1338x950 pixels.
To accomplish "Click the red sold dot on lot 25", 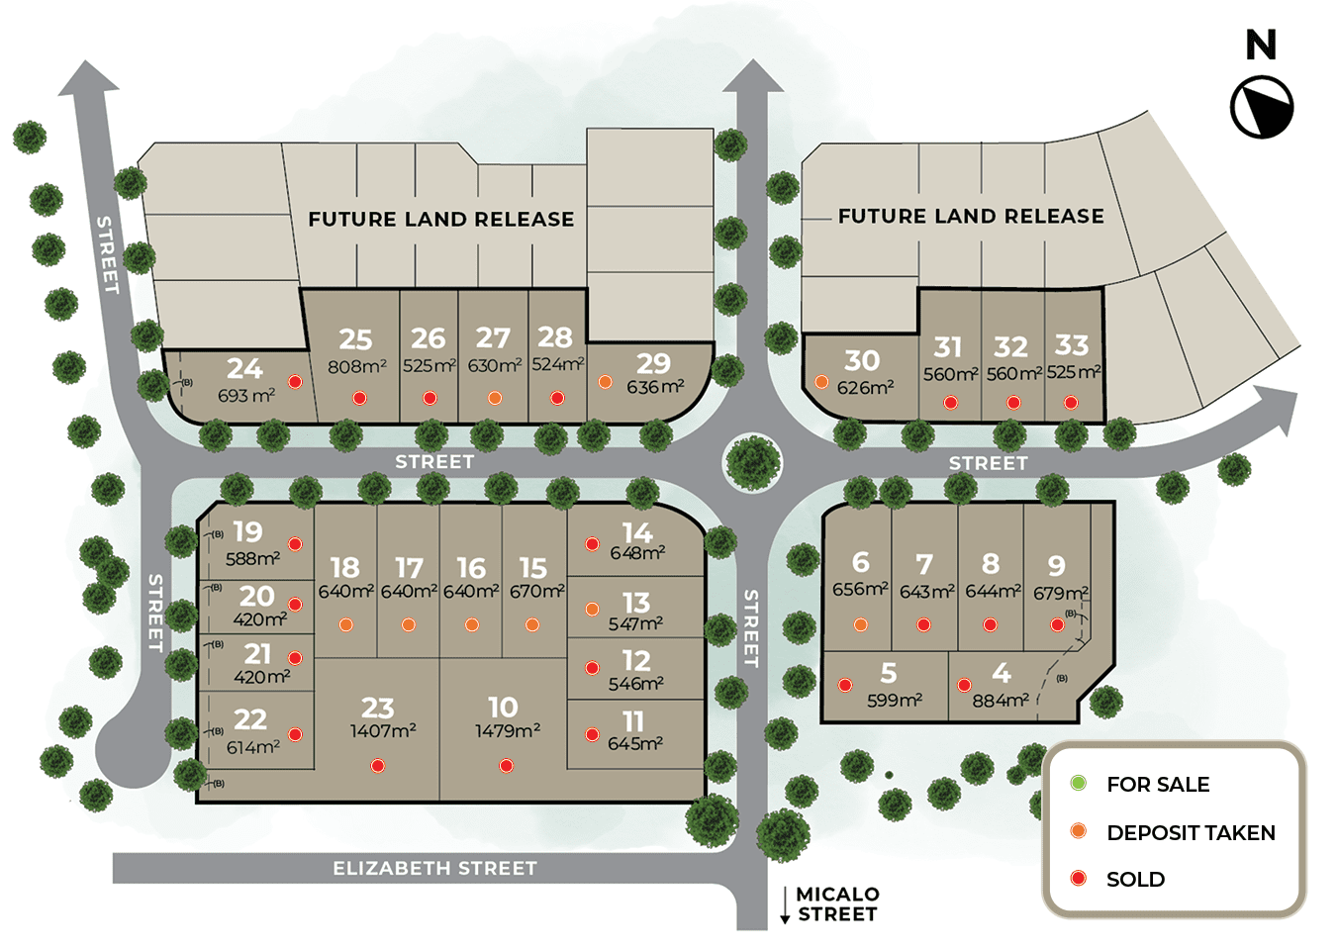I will [359, 398].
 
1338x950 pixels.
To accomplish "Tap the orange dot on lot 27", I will [495, 398].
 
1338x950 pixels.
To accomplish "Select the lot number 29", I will [653, 363].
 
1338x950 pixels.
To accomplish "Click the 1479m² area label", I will [508, 731].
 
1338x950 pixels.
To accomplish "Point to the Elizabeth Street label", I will [434, 868].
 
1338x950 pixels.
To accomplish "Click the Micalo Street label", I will [837, 904].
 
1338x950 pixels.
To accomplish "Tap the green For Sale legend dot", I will [1079, 784].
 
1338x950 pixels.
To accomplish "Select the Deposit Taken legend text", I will [1191, 832].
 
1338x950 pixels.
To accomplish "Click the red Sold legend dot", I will [1079, 879].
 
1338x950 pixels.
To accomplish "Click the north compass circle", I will [1262, 107].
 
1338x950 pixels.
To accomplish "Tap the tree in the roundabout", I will [753, 462].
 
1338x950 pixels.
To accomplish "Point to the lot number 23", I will [378, 708].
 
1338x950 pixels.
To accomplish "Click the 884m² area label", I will [1001, 700].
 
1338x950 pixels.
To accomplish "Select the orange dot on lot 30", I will [821, 382].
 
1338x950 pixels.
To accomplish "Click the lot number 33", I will [1072, 344].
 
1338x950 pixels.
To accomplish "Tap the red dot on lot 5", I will [845, 685].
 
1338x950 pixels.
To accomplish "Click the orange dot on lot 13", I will [592, 610].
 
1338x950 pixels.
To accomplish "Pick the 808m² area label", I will [357, 366].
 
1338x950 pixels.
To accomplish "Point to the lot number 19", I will [247, 531].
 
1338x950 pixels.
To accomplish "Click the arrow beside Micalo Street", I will [785, 905].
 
